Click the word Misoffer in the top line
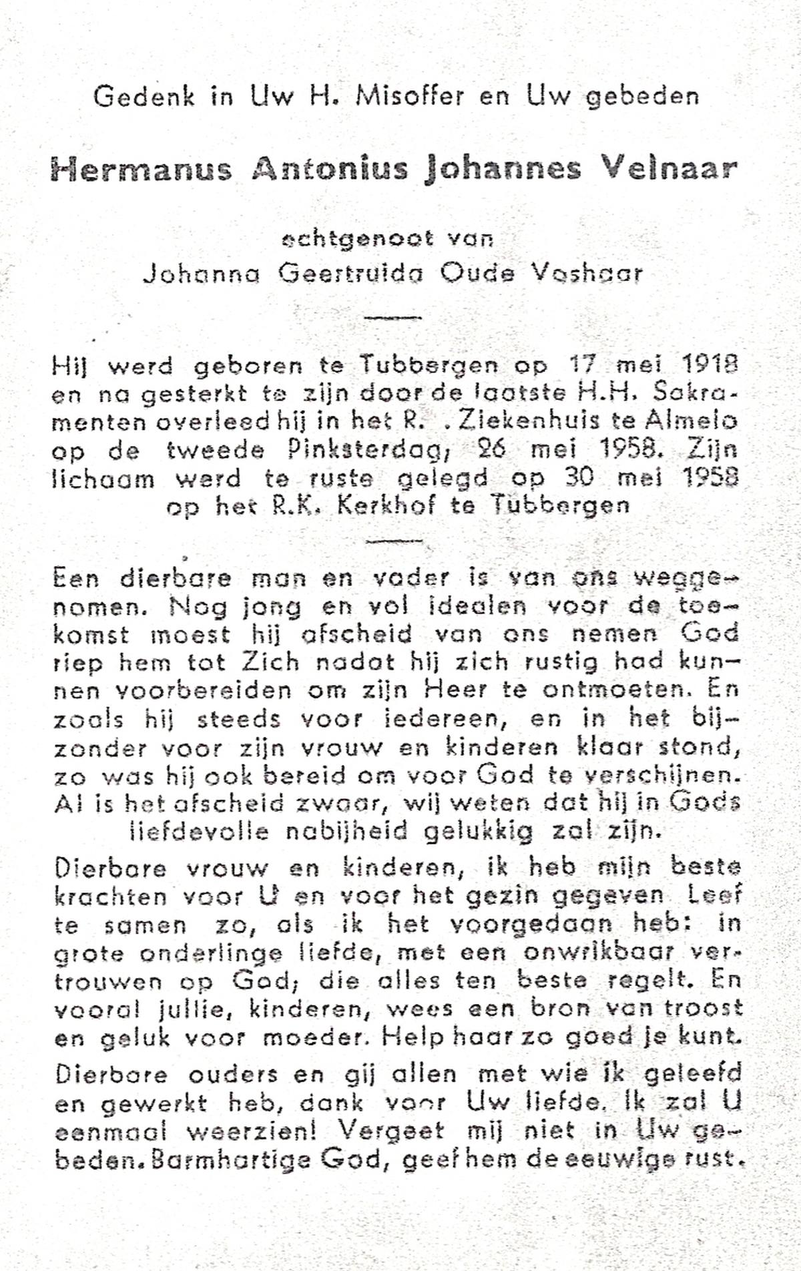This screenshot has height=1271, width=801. (410, 97)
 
